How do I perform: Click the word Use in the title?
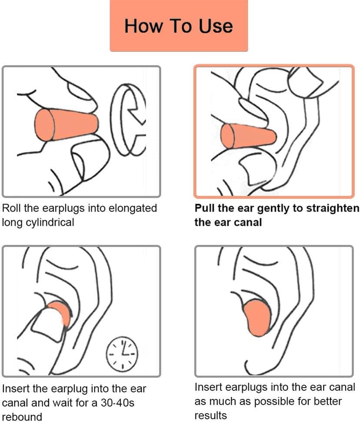tap(216, 26)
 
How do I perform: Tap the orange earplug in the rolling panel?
tap(65, 125)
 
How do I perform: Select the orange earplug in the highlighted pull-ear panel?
tap(248, 136)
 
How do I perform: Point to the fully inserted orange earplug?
tap(257, 318)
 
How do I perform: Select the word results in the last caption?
tap(210, 415)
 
